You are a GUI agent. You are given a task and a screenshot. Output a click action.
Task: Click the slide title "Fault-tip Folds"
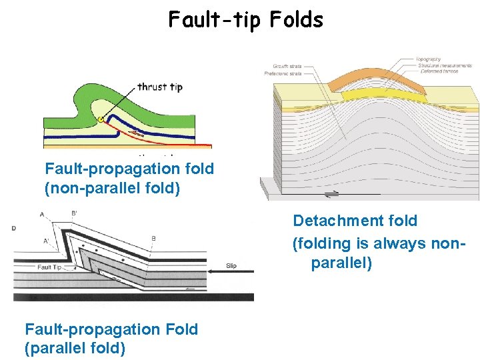click(x=245, y=20)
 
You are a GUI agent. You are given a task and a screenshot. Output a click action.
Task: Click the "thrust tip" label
click(x=160, y=87)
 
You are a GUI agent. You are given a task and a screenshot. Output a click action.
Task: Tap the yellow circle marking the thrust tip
click(x=101, y=119)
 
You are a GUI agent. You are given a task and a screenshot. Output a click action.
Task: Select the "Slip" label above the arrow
click(x=231, y=266)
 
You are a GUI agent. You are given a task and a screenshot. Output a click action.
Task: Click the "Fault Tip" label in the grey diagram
click(x=50, y=267)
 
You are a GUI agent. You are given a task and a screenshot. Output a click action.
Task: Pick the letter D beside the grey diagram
click(x=14, y=229)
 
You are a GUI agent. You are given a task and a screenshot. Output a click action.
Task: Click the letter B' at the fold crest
click(x=73, y=214)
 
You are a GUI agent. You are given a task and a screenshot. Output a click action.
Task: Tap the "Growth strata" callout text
click(x=287, y=66)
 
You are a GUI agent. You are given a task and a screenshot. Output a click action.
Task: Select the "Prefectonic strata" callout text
click(x=289, y=73)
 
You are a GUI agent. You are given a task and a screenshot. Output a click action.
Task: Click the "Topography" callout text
click(x=428, y=59)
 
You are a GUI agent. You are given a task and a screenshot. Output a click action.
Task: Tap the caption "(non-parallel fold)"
click(x=112, y=189)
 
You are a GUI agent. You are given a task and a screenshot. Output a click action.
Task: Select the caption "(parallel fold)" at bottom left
click(x=75, y=348)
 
